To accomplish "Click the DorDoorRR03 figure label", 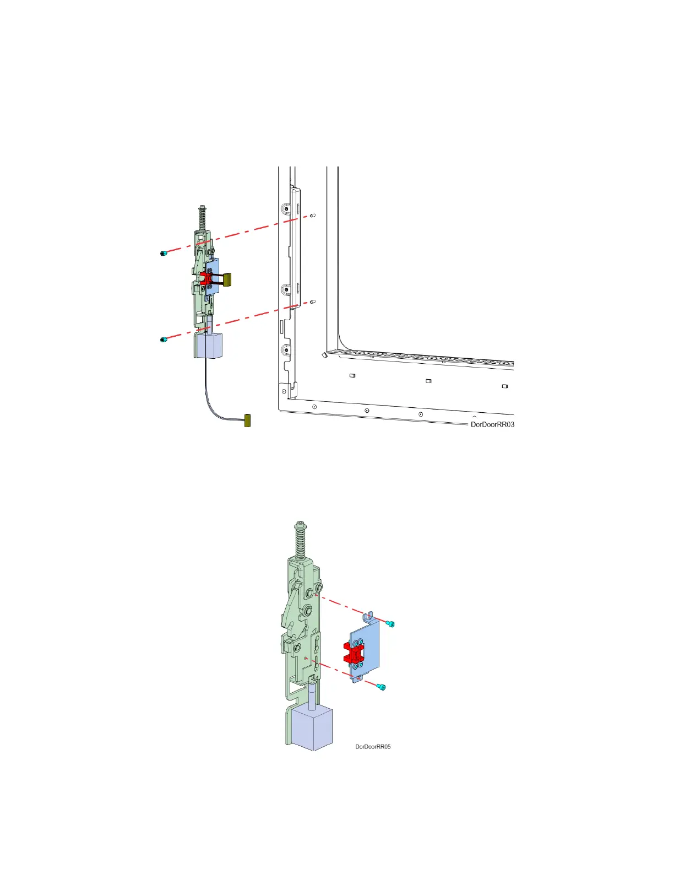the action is (492, 424).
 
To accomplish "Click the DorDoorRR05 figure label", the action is (373, 747).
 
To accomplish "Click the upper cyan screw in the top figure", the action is (164, 253).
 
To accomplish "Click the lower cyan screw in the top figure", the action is (163, 339).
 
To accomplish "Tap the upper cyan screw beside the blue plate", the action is (391, 624).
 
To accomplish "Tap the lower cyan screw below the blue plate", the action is (381, 687).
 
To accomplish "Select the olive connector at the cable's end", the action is (247, 421).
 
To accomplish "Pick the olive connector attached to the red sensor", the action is (226, 279).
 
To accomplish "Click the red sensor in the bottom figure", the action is (352, 653).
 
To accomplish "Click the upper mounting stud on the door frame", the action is (313, 215).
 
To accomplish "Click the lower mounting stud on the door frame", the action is (312, 302).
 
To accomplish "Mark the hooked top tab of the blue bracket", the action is (369, 614).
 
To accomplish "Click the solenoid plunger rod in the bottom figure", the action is (312, 696).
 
